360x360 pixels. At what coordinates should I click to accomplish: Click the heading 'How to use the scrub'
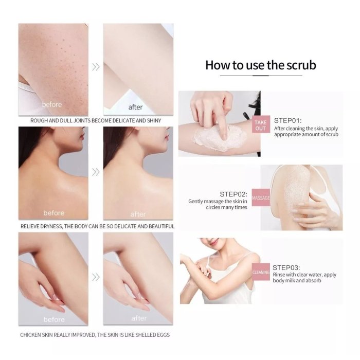click(x=260, y=65)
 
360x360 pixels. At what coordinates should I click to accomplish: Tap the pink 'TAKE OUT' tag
click(x=261, y=125)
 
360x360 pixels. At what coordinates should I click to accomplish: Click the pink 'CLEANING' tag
click(x=261, y=272)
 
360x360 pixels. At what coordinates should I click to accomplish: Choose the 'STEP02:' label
click(x=233, y=194)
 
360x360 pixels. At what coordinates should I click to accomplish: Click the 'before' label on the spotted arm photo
click(x=52, y=105)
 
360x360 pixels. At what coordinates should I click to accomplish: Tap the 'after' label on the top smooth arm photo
click(x=135, y=107)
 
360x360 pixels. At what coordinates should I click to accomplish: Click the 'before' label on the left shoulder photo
click(x=53, y=213)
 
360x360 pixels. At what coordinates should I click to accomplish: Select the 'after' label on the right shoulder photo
click(x=138, y=214)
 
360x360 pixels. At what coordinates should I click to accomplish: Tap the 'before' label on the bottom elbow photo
click(x=53, y=319)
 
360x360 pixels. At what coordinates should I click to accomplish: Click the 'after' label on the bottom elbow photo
click(x=139, y=318)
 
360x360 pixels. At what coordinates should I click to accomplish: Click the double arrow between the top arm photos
click(x=95, y=67)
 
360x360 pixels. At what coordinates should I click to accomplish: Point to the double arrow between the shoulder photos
click(x=95, y=172)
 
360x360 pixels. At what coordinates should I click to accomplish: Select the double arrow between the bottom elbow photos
click(x=95, y=277)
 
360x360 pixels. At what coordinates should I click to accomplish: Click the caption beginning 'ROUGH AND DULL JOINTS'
click(x=96, y=121)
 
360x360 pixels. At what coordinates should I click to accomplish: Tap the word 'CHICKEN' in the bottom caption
click(x=32, y=335)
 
